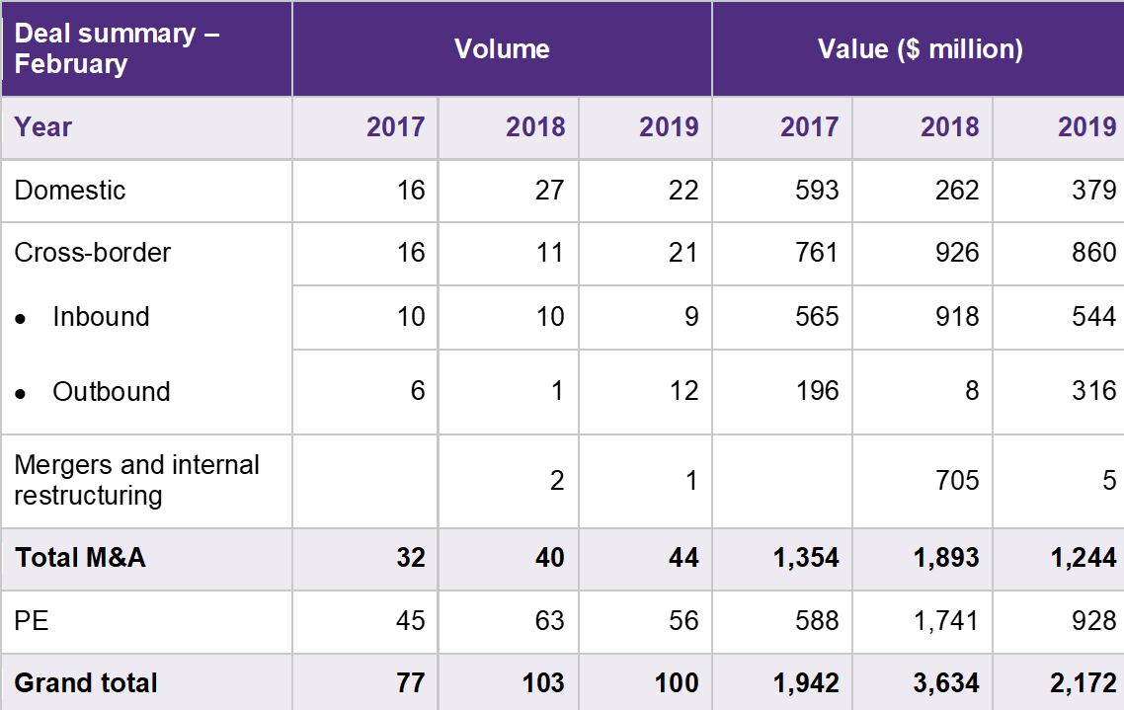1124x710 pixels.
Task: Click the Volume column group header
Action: (x=502, y=48)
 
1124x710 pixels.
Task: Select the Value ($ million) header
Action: (x=920, y=48)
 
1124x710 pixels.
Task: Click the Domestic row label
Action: (x=70, y=190)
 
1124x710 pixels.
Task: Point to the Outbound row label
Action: (x=111, y=391)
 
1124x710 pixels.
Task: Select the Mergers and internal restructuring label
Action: (x=137, y=480)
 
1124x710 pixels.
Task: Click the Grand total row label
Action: (x=86, y=682)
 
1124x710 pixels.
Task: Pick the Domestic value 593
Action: (x=816, y=190)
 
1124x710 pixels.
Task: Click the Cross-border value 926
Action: (x=956, y=253)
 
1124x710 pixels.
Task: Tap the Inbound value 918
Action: (x=956, y=316)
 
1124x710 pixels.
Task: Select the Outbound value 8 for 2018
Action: (x=972, y=391)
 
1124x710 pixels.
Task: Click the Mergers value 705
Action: (x=956, y=481)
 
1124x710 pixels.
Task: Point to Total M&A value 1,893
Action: (x=946, y=558)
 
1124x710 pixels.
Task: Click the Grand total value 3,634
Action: (x=946, y=682)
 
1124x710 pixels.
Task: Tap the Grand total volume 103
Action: (x=543, y=682)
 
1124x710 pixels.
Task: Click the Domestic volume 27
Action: (x=549, y=190)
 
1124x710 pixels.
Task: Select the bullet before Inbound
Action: (x=20, y=318)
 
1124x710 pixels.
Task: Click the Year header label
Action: (x=43, y=126)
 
